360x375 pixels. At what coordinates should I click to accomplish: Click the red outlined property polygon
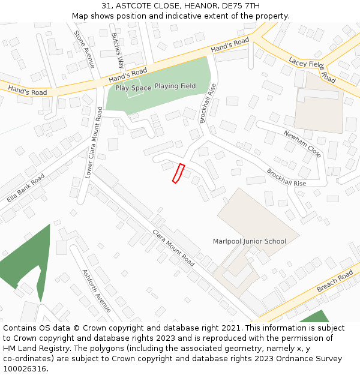[178, 173]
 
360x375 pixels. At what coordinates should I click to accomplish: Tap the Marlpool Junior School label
[250, 241]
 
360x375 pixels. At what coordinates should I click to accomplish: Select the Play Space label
[133, 88]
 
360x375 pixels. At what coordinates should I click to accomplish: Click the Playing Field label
[175, 86]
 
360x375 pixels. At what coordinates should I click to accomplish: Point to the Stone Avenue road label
[84, 49]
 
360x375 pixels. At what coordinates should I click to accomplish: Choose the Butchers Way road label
[118, 50]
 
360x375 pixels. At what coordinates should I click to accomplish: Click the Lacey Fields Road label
[312, 70]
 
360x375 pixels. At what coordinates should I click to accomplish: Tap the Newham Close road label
[302, 144]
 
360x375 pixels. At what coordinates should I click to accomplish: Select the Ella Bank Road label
[26, 188]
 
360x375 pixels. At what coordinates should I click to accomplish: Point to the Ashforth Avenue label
[96, 290]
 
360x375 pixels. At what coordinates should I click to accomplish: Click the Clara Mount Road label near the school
[173, 248]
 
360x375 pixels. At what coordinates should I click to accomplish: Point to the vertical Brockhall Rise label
[208, 103]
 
